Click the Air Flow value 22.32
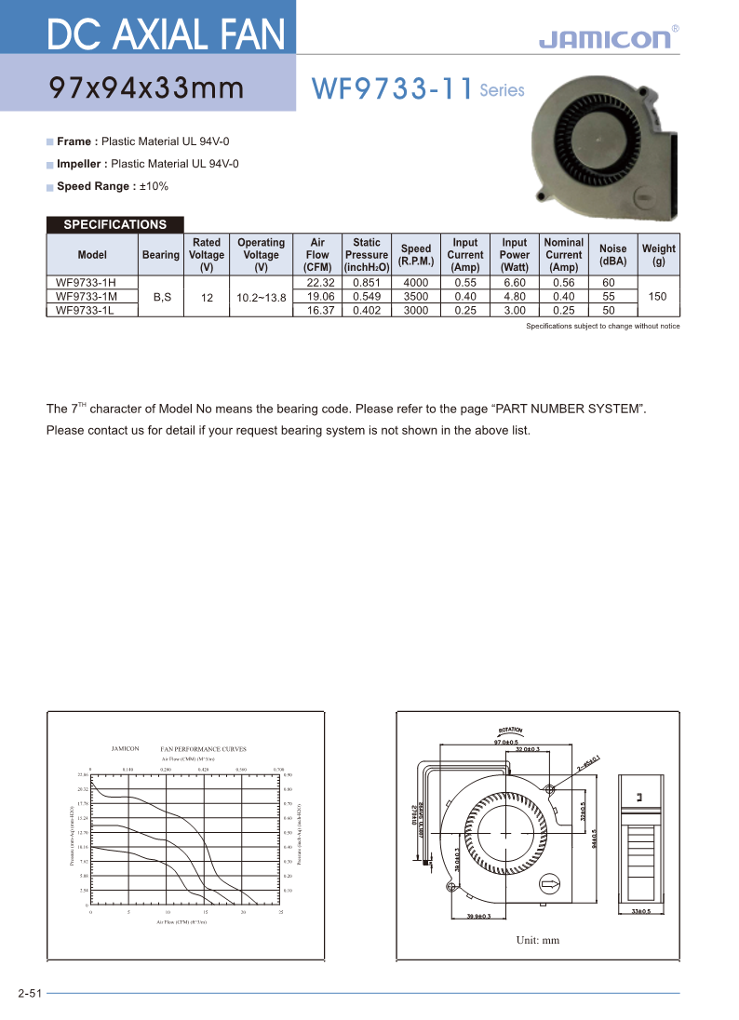tap(317, 282)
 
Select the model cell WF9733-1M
tap(85, 296)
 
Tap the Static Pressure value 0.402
tap(366, 310)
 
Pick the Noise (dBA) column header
tap(612, 254)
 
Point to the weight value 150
tap(659, 296)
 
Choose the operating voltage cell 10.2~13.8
tap(261, 296)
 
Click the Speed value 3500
tap(415, 296)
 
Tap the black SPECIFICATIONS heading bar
tap(114, 224)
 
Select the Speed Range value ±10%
tap(154, 186)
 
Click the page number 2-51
tap(30, 994)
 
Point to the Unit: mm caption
tap(538, 940)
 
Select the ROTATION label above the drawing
tap(511, 731)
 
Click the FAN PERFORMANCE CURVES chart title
tap(203, 748)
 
